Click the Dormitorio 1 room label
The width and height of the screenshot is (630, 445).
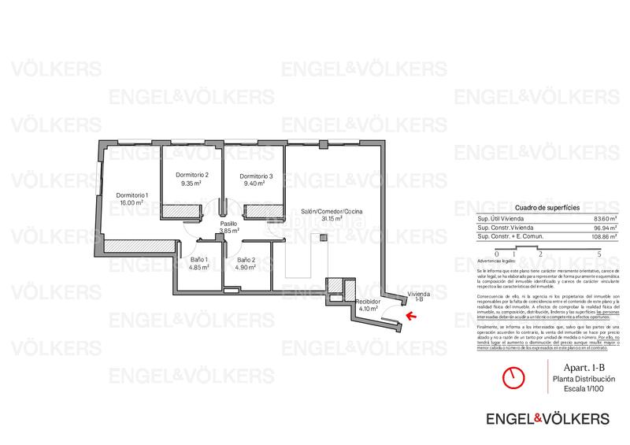(132, 195)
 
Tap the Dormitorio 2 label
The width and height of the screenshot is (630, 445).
(191, 176)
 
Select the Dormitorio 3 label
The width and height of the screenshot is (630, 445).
(256, 176)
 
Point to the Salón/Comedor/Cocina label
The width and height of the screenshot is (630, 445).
(331, 211)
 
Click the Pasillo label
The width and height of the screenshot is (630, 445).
(228, 224)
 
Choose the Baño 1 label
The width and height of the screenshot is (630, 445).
(198, 259)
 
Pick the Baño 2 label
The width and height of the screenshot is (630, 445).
(246, 259)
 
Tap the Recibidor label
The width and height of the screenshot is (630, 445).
(368, 302)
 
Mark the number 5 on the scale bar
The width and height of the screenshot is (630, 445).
(599, 254)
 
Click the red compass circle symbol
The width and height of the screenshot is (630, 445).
(514, 377)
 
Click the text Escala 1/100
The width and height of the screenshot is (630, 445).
(584, 389)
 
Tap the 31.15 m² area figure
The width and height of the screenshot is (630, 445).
(331, 219)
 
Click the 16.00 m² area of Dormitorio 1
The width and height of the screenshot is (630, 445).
(132, 202)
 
